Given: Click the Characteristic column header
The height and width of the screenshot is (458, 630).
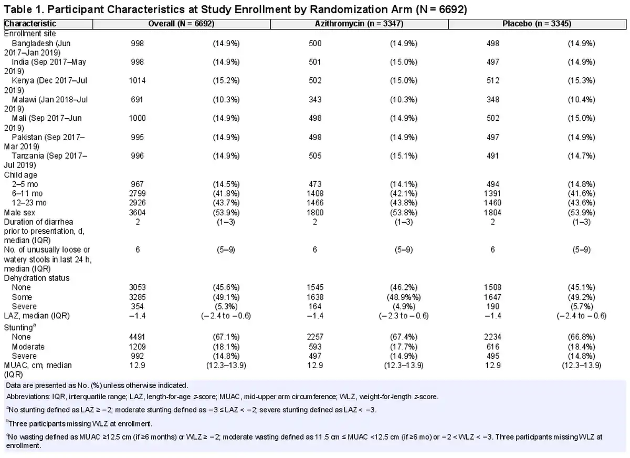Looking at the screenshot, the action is pos(30,24).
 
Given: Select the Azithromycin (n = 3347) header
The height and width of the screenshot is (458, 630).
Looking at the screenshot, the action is pos(359,24).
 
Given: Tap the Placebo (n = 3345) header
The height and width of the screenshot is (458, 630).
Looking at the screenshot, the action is pos(537,24).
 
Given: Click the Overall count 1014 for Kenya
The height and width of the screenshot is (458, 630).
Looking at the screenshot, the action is pos(137,80).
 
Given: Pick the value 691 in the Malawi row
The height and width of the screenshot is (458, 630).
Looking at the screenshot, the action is pos(137,100).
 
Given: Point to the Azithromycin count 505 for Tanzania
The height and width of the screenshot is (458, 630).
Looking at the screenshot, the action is pos(315,156).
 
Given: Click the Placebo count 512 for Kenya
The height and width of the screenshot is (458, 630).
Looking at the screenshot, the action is pos(493,80).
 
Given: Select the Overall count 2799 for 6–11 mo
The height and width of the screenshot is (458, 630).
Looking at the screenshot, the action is pos(137,194).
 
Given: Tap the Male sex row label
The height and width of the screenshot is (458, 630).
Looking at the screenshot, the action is pos(19,213).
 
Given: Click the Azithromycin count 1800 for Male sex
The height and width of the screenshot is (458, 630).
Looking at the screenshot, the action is pos(315,213).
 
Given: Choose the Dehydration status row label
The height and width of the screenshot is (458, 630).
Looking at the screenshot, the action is pos(37,278).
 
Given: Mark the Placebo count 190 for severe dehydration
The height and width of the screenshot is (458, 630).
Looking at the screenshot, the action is pos(493,306).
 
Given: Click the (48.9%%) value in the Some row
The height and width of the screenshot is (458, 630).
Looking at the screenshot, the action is pos(404,297).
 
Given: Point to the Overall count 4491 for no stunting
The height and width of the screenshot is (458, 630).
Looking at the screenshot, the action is pos(137,337).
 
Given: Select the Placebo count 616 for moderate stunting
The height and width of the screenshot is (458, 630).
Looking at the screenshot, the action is pos(493,347).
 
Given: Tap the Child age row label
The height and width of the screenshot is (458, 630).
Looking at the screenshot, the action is pos(20,175).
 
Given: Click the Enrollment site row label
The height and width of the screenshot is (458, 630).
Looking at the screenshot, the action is pos(30,34).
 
